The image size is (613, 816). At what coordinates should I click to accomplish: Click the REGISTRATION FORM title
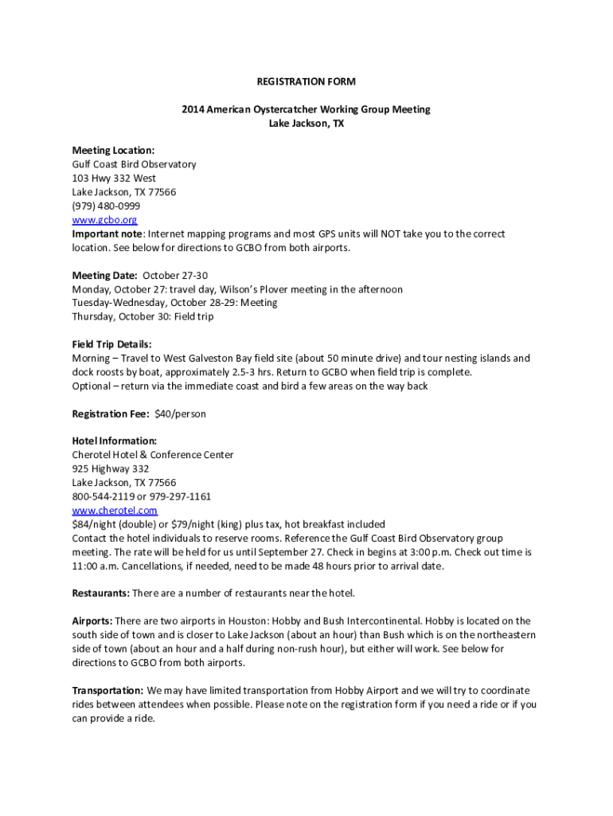(x=306, y=81)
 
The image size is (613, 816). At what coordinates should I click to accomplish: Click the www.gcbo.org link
(x=104, y=220)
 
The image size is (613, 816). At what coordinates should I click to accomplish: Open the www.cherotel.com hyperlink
(x=115, y=510)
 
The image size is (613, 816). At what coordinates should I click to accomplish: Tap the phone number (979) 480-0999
(x=106, y=206)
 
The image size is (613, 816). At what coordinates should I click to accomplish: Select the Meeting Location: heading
(x=113, y=150)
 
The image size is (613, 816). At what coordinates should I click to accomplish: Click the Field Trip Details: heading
(x=111, y=344)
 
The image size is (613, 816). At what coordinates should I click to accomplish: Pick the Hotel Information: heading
(x=115, y=441)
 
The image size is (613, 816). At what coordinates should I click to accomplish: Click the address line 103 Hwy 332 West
(x=114, y=178)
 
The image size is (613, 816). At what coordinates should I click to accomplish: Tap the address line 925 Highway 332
(x=111, y=469)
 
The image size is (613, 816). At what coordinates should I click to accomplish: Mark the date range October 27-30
(x=175, y=276)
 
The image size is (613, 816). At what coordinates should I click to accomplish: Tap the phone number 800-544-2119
(x=103, y=496)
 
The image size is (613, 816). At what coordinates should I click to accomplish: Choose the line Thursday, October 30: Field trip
(x=143, y=316)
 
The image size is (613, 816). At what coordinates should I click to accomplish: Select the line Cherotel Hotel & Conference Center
(x=153, y=455)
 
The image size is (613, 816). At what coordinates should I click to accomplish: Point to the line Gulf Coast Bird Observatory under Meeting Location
(x=134, y=164)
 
